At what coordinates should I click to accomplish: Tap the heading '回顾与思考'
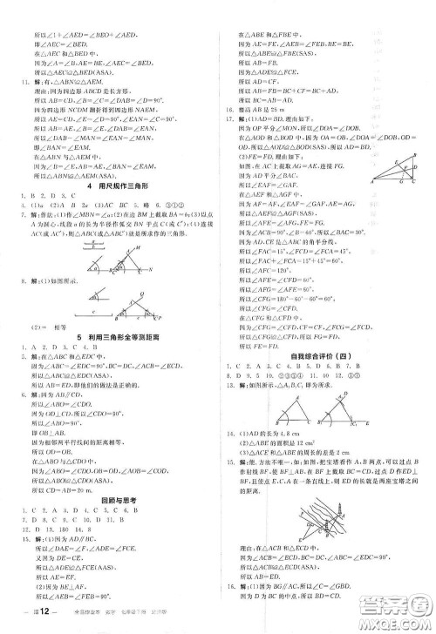pos(116,514)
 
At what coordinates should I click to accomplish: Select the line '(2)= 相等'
pos(52,347)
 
